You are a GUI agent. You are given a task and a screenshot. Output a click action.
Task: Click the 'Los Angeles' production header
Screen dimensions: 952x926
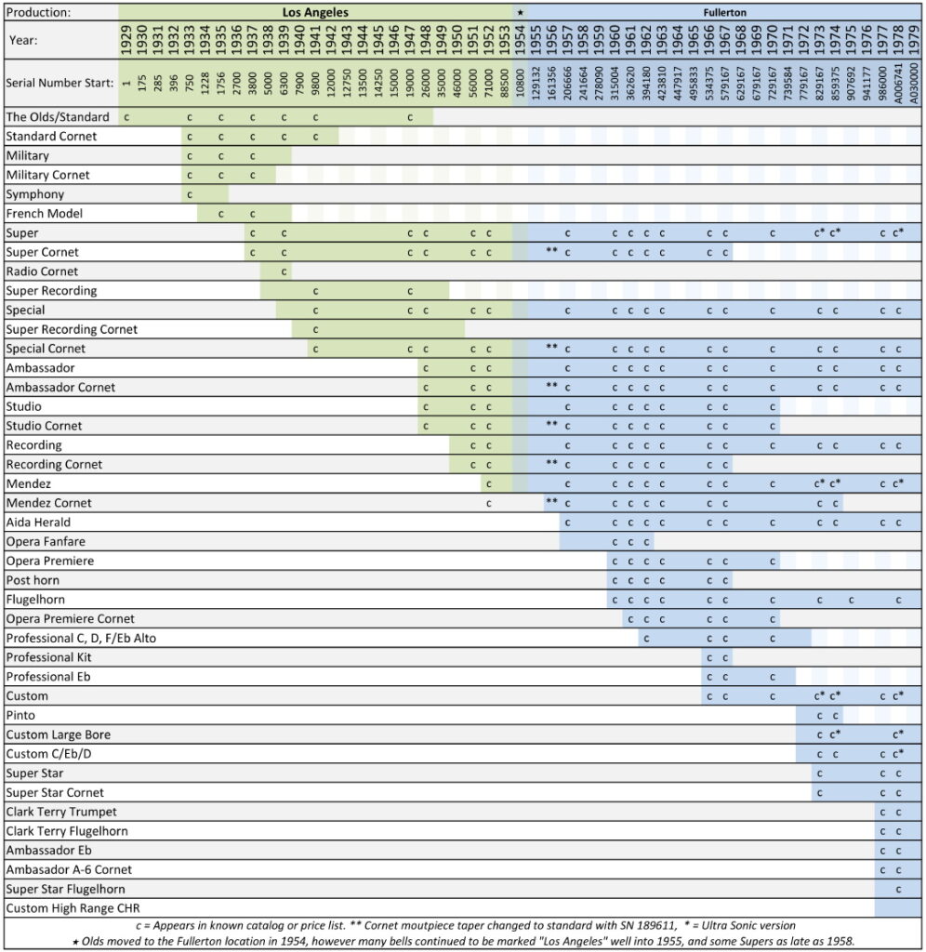coord(315,13)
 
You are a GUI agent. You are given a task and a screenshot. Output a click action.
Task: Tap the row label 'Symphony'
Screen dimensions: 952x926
coord(35,194)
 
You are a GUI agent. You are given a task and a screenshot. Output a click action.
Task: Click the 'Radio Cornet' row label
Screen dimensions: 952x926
coord(42,271)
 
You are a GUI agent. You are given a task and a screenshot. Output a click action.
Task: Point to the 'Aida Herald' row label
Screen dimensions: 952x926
coord(40,522)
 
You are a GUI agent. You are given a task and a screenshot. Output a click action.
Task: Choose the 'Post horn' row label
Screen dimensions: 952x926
coord(33,580)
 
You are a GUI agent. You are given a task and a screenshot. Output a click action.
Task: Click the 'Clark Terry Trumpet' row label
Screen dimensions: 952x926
coord(61,812)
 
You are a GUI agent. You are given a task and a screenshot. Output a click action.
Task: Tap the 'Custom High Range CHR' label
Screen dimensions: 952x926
coord(73,908)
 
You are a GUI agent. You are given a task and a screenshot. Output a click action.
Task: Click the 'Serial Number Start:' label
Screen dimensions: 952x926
coord(59,83)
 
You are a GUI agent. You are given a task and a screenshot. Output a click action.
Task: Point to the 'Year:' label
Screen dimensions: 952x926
coord(23,40)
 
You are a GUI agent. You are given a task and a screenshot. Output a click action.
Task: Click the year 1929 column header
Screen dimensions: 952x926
coord(126,40)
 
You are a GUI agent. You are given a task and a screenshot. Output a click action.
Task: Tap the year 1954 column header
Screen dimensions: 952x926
coord(521,40)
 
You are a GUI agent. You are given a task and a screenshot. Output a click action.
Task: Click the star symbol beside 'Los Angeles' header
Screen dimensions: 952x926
coord(521,13)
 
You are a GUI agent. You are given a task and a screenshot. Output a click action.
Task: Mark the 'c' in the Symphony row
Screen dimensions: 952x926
coord(190,194)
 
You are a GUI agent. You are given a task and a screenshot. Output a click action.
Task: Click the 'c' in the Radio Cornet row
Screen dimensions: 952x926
coord(284,271)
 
